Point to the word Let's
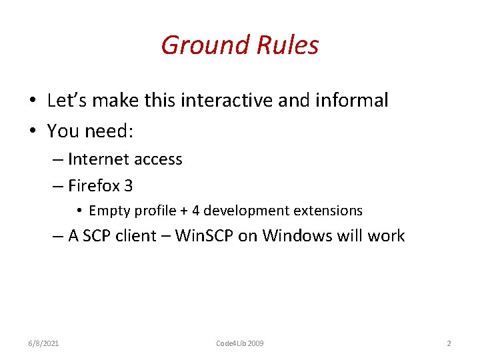click(x=68, y=101)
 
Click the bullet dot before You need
click(x=33, y=131)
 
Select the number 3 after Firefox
click(x=128, y=186)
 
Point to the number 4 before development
click(x=195, y=211)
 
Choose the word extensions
click(x=329, y=211)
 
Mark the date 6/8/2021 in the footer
click(x=44, y=343)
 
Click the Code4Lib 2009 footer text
click(x=239, y=343)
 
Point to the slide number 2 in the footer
click(x=449, y=343)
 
